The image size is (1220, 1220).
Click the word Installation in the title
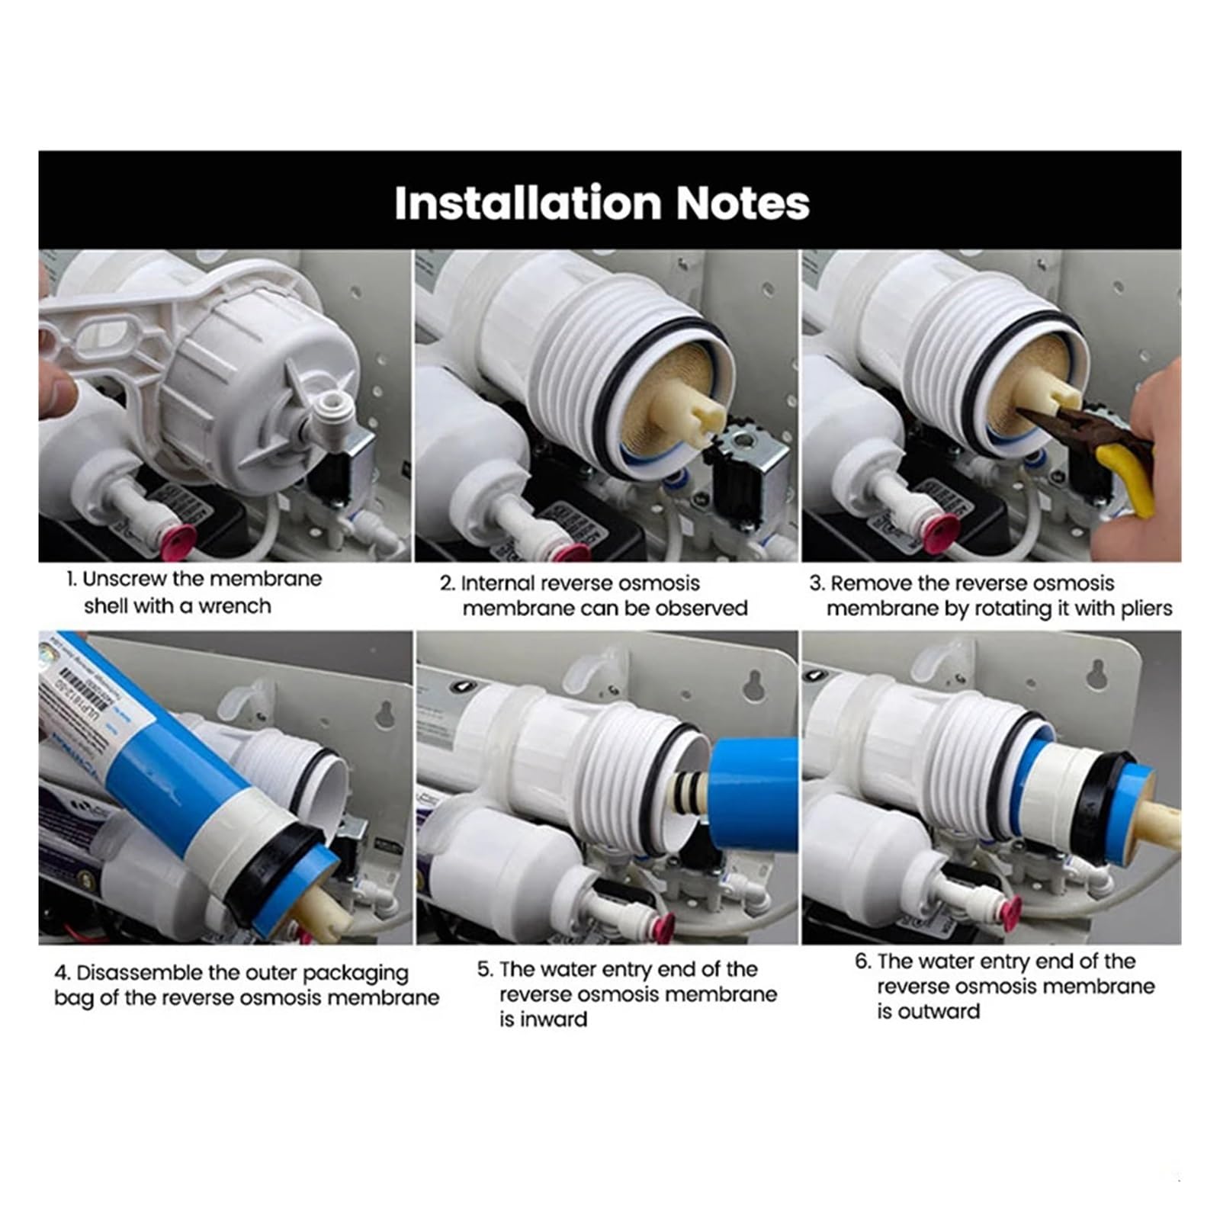point(528,203)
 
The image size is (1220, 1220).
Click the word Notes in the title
point(743,203)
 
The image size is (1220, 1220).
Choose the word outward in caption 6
point(939,1012)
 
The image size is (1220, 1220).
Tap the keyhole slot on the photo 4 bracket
point(385,715)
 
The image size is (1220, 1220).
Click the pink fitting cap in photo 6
point(1011,907)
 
